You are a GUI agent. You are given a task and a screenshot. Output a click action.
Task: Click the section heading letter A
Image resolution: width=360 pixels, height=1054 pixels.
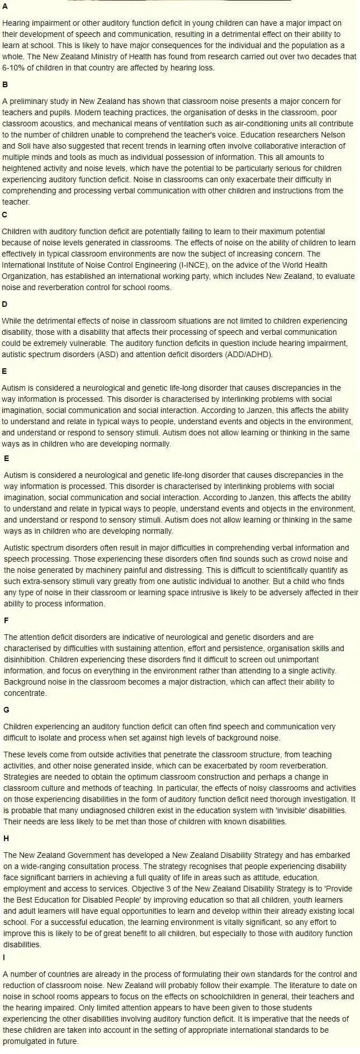coord(5,7)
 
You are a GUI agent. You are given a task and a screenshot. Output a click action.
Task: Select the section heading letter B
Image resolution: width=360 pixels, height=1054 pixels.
coord(5,85)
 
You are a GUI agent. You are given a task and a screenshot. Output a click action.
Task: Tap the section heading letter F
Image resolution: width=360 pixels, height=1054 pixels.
coord(6,620)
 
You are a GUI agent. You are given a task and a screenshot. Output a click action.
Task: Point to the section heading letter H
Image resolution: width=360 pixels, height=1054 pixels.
coord(6,838)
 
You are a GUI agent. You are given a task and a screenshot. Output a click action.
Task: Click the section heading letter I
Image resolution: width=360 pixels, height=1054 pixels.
coord(4,958)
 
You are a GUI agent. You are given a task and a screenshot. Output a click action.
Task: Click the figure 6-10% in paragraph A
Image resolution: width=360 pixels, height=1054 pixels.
coord(13,68)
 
